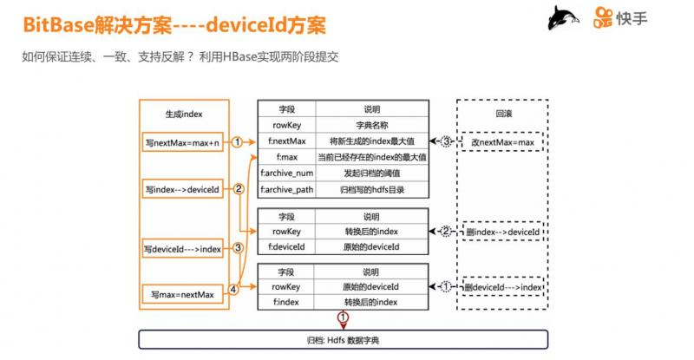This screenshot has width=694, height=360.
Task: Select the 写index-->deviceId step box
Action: [181, 187]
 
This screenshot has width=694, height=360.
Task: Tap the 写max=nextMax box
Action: [181, 295]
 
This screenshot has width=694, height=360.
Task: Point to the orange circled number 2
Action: [238, 188]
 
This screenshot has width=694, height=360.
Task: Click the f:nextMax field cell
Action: [286, 141]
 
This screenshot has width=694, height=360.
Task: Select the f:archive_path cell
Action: [286, 189]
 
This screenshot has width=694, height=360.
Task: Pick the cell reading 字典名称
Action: [370, 125]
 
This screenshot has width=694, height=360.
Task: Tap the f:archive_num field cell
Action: [286, 173]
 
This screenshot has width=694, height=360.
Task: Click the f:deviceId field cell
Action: [286, 247]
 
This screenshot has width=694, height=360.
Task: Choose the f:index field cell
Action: [286, 302]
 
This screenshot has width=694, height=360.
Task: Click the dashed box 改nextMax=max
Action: [501, 141]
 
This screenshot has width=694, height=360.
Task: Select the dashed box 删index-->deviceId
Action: [501, 233]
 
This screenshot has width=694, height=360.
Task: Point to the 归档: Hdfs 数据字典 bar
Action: [343, 340]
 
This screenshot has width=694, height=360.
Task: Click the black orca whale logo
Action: [564, 18]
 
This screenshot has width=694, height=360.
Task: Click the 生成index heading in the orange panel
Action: [184, 114]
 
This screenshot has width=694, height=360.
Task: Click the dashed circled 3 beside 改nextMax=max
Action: [447, 141]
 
